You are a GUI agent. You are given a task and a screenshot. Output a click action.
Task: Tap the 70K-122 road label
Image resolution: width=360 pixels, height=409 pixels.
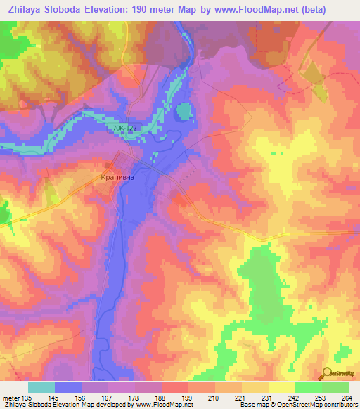(124, 129)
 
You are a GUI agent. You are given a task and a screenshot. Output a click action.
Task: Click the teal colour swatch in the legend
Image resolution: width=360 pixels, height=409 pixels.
(41, 387)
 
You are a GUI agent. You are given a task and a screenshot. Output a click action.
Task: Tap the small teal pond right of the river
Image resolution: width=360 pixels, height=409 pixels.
(183, 111)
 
